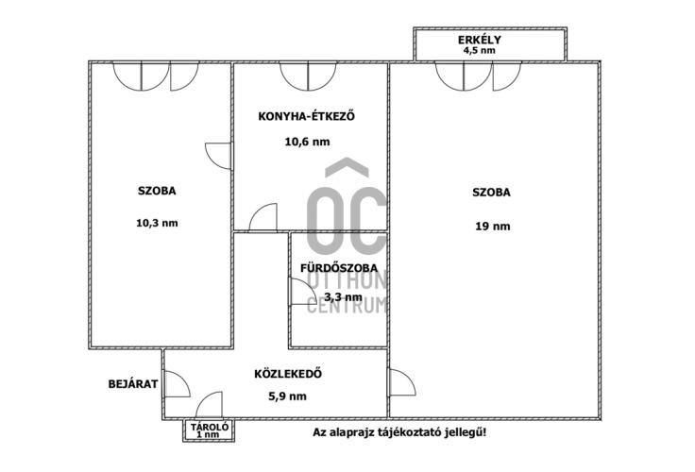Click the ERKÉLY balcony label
point(480,40)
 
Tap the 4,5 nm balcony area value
point(479,50)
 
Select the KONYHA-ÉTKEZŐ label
point(307,116)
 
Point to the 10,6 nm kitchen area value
point(307,142)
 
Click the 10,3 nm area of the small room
point(157,223)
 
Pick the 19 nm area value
point(492,227)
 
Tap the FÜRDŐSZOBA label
point(339,268)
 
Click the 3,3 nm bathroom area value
point(343,297)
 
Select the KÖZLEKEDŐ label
point(288,374)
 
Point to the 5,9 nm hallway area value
point(288,396)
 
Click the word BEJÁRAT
point(133,384)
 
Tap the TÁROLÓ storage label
point(210,427)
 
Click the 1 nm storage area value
point(209,435)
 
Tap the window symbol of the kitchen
point(308,76)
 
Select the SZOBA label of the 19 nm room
point(491,193)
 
